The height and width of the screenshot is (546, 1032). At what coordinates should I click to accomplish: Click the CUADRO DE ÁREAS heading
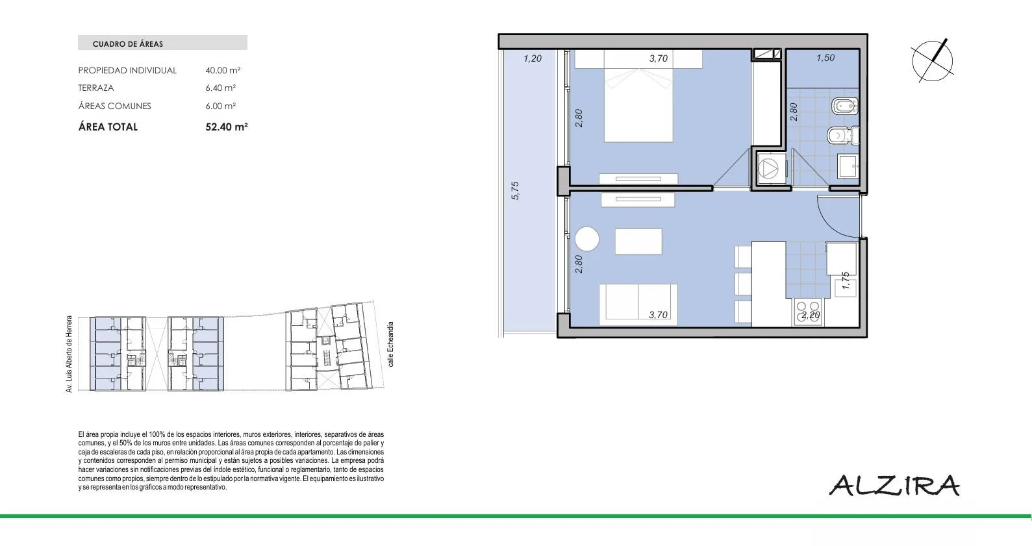(x=127, y=44)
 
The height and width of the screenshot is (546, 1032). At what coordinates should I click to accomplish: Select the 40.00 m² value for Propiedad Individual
(x=223, y=70)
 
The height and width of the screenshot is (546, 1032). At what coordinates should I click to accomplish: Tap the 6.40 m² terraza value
(x=221, y=88)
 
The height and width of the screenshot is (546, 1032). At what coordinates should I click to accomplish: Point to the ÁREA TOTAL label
(x=108, y=127)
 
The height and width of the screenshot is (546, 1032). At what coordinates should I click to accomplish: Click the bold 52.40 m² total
(x=227, y=127)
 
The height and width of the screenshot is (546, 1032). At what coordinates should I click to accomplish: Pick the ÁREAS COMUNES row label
(x=115, y=106)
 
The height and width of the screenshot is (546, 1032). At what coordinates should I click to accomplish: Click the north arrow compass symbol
(x=933, y=61)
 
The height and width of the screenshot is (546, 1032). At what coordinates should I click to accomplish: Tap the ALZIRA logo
(x=894, y=485)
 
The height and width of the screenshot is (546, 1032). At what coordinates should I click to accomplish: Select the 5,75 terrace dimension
(x=515, y=191)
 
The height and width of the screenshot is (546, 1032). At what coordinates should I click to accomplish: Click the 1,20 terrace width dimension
(x=533, y=58)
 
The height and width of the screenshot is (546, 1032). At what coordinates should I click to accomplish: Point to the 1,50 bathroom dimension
(x=825, y=58)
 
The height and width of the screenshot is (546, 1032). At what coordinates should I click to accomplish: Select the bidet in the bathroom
(x=845, y=106)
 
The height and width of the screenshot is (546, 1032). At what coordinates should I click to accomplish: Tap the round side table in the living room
(x=587, y=239)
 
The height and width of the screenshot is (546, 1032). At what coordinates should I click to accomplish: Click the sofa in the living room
(x=638, y=304)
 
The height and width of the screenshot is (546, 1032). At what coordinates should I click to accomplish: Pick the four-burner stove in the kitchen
(x=809, y=312)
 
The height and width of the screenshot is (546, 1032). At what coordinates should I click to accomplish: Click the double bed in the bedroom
(x=638, y=96)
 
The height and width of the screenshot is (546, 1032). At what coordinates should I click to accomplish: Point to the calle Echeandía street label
(x=391, y=344)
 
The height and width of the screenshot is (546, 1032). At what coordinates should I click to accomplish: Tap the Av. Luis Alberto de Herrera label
(x=69, y=354)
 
